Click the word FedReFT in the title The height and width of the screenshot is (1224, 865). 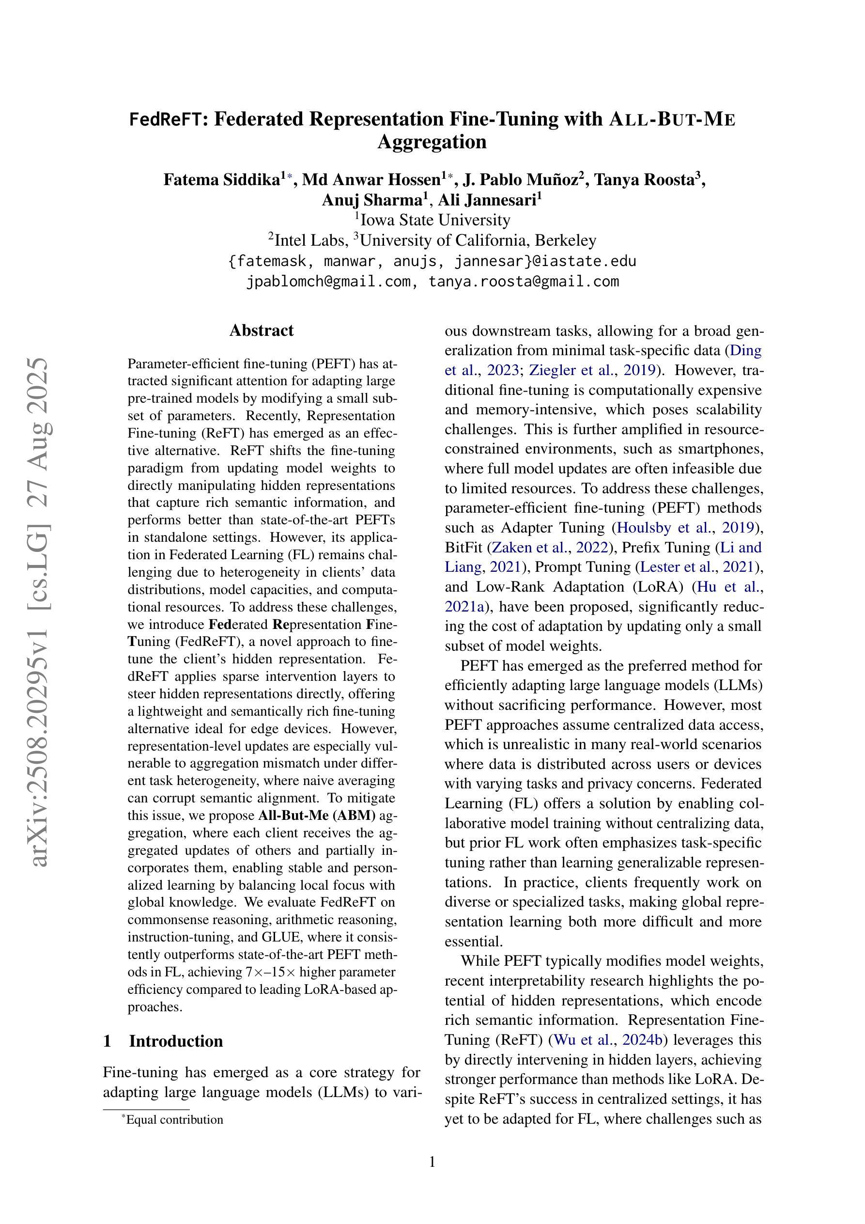pos(166,119)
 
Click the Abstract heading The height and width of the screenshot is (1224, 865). pos(261,330)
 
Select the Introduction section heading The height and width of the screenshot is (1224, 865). pos(175,1041)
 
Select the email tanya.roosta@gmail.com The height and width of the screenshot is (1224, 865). pos(524,281)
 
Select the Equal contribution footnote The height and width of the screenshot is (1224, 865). pos(174,1119)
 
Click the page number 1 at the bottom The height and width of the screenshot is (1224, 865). pos(432,1162)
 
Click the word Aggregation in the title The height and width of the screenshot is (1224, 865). pos(432,142)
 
